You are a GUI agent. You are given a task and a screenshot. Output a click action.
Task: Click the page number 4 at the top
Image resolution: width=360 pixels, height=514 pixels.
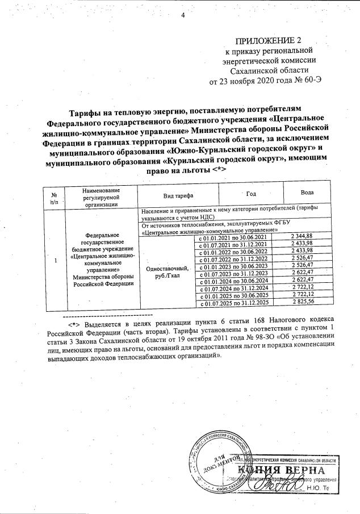[x=183, y=15]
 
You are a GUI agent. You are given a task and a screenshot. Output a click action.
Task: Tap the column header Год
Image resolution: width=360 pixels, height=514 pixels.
[x=254, y=194]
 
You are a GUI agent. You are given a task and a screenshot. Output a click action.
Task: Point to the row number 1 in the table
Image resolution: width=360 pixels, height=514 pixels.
[x=55, y=261]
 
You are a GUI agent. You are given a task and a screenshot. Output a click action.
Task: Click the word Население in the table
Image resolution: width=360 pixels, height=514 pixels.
[x=156, y=210]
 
